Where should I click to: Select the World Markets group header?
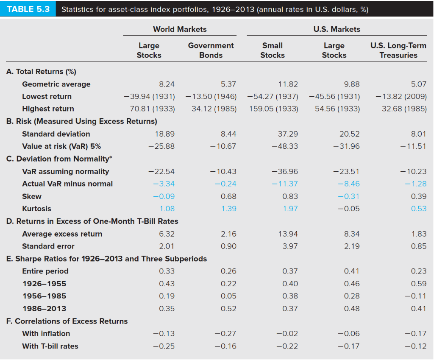180,29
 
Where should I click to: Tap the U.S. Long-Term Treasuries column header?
398,50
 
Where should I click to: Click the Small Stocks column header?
272,50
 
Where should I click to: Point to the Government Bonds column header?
211,50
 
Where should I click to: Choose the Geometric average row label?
56,84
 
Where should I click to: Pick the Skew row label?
32,196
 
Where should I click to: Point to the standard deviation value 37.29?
288,134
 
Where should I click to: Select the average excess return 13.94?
288,234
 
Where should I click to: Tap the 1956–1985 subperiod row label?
44,296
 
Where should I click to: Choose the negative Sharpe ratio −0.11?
417,296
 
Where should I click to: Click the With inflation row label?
46,333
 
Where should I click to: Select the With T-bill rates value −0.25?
164,346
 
